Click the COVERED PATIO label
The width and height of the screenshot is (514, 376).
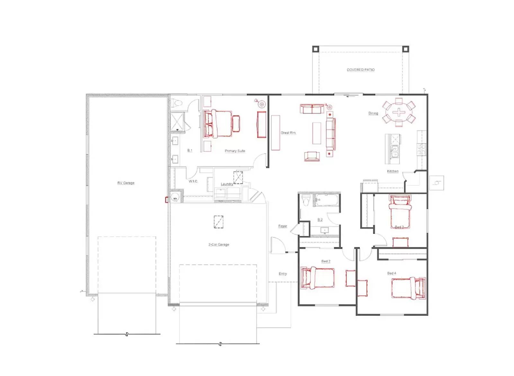[x=360, y=70]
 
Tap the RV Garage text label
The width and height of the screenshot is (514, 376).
[x=126, y=183]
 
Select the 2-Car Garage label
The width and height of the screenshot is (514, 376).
[x=219, y=245]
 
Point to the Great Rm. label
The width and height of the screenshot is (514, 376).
[x=288, y=133]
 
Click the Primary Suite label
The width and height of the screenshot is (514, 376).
[x=235, y=151]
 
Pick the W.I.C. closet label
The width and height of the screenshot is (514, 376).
[x=193, y=181]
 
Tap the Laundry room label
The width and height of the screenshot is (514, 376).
[x=226, y=184]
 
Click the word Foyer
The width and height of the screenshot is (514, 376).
[x=283, y=226]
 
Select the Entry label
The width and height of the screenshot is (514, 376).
[x=283, y=274]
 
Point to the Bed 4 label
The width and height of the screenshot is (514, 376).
[x=392, y=273]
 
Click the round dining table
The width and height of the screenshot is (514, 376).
[x=399, y=112]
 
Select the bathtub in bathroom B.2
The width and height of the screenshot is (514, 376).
[x=326, y=200]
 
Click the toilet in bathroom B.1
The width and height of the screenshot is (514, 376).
[x=177, y=103]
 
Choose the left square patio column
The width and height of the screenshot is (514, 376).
[x=315, y=49]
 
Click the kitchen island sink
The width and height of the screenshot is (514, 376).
[x=394, y=151]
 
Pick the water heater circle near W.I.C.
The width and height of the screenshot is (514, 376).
[x=175, y=197]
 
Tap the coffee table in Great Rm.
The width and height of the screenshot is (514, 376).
[x=317, y=133]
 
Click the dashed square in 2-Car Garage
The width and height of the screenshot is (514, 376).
[x=218, y=222]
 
